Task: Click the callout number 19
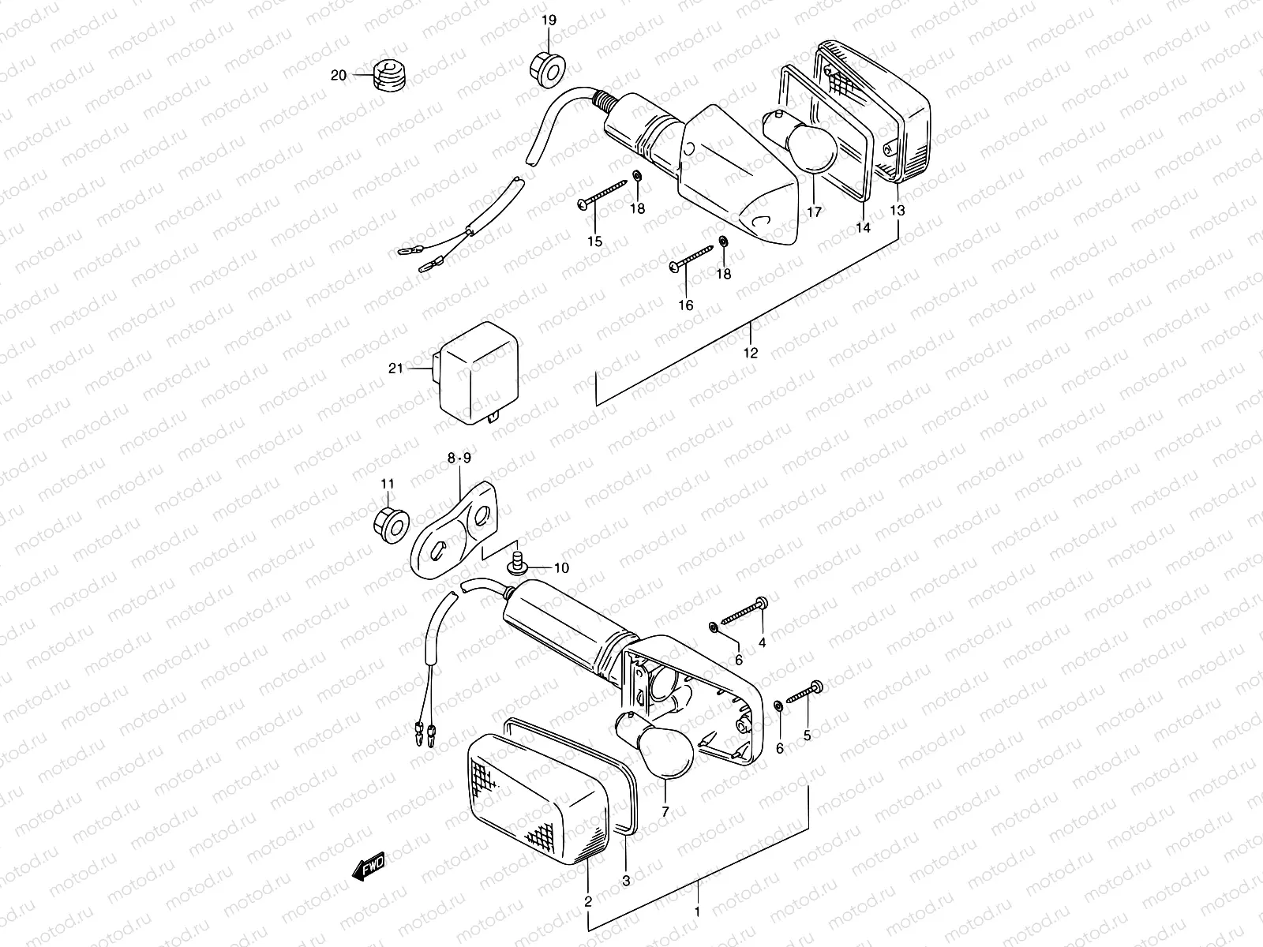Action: coord(548,20)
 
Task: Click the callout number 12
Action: coord(751,353)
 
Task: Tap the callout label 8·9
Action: coord(459,457)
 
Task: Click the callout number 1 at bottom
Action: coord(696,911)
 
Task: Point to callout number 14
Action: coord(863,227)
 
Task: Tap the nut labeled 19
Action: coord(546,66)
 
